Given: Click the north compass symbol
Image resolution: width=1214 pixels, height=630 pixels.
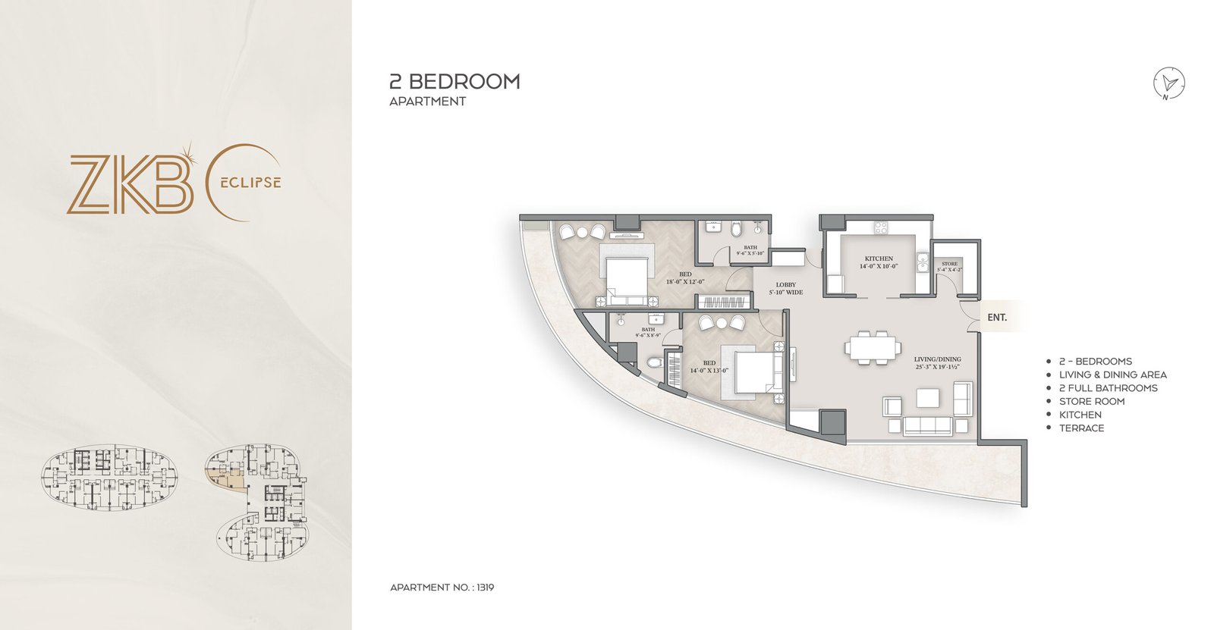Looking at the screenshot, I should [1169, 83].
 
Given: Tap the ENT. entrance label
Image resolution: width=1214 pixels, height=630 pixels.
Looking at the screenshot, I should [997, 318].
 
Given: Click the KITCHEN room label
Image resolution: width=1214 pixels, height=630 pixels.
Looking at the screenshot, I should [879, 259].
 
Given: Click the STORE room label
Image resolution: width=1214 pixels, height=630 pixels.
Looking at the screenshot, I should [949, 264].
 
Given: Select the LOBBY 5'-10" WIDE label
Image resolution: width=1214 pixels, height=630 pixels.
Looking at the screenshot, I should [786, 288].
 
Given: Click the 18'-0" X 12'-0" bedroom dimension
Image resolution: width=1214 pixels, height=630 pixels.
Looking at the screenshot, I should [685, 281].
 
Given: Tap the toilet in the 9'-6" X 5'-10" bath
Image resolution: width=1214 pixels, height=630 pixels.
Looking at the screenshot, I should [735, 228].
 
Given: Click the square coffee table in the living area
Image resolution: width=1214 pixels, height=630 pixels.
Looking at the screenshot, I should [927, 398].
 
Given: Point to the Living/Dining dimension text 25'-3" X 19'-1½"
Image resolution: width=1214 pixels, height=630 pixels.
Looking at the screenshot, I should [937, 367].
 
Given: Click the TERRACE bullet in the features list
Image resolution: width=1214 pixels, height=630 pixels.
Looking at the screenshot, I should [1081, 428].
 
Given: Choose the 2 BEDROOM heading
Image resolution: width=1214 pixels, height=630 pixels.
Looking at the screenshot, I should [454, 81].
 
